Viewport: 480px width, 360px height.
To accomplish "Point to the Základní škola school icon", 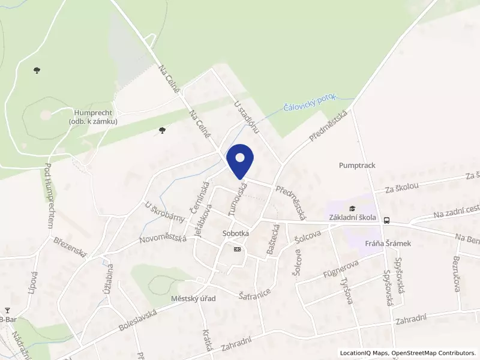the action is tap(352, 208).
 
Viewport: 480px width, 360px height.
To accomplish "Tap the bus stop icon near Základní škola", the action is tap(387, 220).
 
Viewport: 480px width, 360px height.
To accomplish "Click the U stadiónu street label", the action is tap(246, 117).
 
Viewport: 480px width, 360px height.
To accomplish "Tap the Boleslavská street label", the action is tap(138, 321).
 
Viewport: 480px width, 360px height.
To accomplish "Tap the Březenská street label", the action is tap(71, 248).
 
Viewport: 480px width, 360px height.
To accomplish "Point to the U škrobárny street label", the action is tap(164, 211).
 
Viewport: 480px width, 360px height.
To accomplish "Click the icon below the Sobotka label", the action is tap(238, 248).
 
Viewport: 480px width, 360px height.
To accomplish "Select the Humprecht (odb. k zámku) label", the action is tap(93, 116).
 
